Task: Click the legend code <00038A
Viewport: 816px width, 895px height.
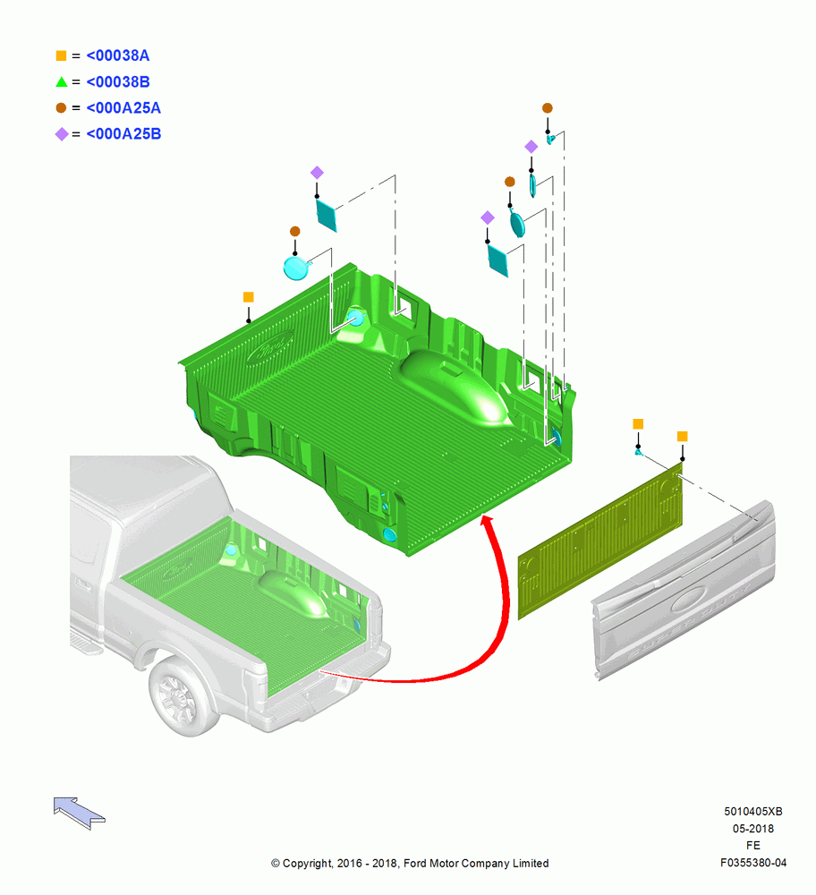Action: pyautogui.click(x=117, y=55)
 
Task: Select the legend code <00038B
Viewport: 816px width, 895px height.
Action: pyautogui.click(x=117, y=81)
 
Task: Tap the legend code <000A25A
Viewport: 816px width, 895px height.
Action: pyautogui.click(x=123, y=108)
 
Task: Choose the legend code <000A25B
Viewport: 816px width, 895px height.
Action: pyautogui.click(x=123, y=133)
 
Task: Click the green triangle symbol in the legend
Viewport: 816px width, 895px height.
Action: pyautogui.click(x=61, y=82)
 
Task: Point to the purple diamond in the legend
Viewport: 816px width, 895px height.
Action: pyautogui.click(x=61, y=134)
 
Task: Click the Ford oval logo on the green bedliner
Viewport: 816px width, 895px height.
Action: pyautogui.click(x=269, y=346)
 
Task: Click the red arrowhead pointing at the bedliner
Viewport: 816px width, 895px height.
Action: pyautogui.click(x=487, y=522)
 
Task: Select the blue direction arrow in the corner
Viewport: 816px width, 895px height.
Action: pyautogui.click(x=79, y=813)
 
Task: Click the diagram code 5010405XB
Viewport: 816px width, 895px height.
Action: pyautogui.click(x=753, y=811)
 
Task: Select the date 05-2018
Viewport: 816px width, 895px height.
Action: pyautogui.click(x=753, y=828)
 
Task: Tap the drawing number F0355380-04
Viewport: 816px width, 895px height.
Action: pyautogui.click(x=753, y=863)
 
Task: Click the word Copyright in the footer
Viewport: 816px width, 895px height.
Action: pyautogui.click(x=308, y=864)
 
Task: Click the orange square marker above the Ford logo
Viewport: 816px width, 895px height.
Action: pyautogui.click(x=248, y=297)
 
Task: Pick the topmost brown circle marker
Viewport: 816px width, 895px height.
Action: pyautogui.click(x=548, y=108)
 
